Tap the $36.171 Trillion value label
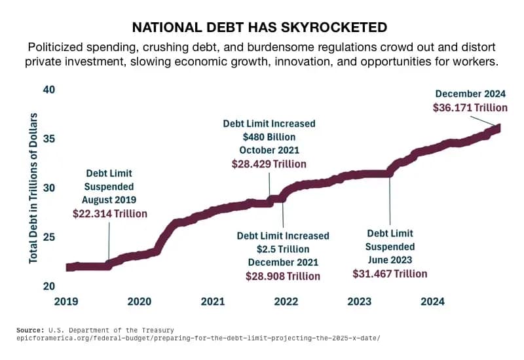470,107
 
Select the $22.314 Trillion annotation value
110,213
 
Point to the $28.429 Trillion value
269,164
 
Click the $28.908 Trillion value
283,276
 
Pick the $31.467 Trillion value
390,274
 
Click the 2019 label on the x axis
66,302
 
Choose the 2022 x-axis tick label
286,302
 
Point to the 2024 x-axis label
432,302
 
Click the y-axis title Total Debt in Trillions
33,188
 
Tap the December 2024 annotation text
471,93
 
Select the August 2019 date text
109,200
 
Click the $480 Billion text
269,137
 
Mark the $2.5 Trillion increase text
283,249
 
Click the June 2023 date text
390,260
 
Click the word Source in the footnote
30,330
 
